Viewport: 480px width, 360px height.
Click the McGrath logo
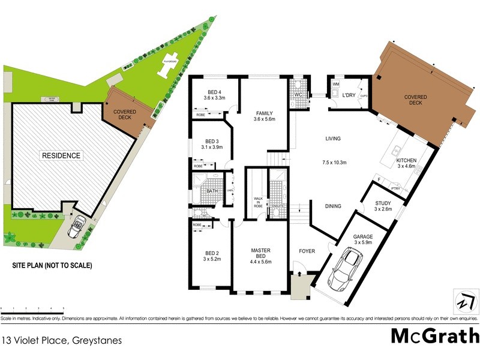[434, 336]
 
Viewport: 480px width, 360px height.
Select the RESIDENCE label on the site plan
[61, 156]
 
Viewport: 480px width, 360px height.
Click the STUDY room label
[382, 203]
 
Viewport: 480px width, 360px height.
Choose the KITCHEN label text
[406, 161]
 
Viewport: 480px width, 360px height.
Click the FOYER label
[307, 252]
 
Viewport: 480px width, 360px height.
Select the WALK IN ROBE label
[259, 201]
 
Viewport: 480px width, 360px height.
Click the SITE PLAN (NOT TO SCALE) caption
[52, 265]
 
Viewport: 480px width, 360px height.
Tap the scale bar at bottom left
[33, 307]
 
